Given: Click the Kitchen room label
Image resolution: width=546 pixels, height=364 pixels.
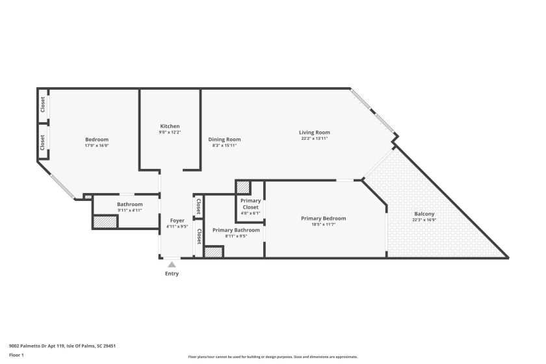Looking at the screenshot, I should (170, 126).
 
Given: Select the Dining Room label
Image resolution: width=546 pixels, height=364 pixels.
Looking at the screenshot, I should (224, 139).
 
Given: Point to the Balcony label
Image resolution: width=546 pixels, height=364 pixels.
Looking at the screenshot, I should (424, 214).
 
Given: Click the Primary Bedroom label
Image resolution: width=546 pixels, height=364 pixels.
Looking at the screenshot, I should (323, 218).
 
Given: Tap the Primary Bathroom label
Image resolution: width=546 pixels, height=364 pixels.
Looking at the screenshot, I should (236, 230).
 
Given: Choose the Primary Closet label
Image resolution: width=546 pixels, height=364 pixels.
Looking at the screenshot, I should (250, 204).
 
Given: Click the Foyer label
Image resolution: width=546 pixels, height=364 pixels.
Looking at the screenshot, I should (177, 221).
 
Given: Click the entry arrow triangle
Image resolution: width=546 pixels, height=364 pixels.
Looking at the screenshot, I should (172, 265).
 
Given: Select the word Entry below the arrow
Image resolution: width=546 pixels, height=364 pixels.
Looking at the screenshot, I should (172, 274).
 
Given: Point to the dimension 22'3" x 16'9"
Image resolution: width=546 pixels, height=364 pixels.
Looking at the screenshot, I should (424, 220).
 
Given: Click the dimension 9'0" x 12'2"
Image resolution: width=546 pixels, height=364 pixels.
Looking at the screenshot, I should (170, 133).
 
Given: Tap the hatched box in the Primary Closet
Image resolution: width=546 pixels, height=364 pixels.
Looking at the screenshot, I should (244, 187).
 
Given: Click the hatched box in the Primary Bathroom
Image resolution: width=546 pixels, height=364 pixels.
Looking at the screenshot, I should (213, 252).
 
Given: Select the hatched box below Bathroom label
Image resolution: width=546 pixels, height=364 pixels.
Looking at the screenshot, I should (105, 222).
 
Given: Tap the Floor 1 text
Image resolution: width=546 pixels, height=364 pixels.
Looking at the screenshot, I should (16, 355).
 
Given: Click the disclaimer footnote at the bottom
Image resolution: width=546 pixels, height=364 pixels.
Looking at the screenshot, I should (273, 357).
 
